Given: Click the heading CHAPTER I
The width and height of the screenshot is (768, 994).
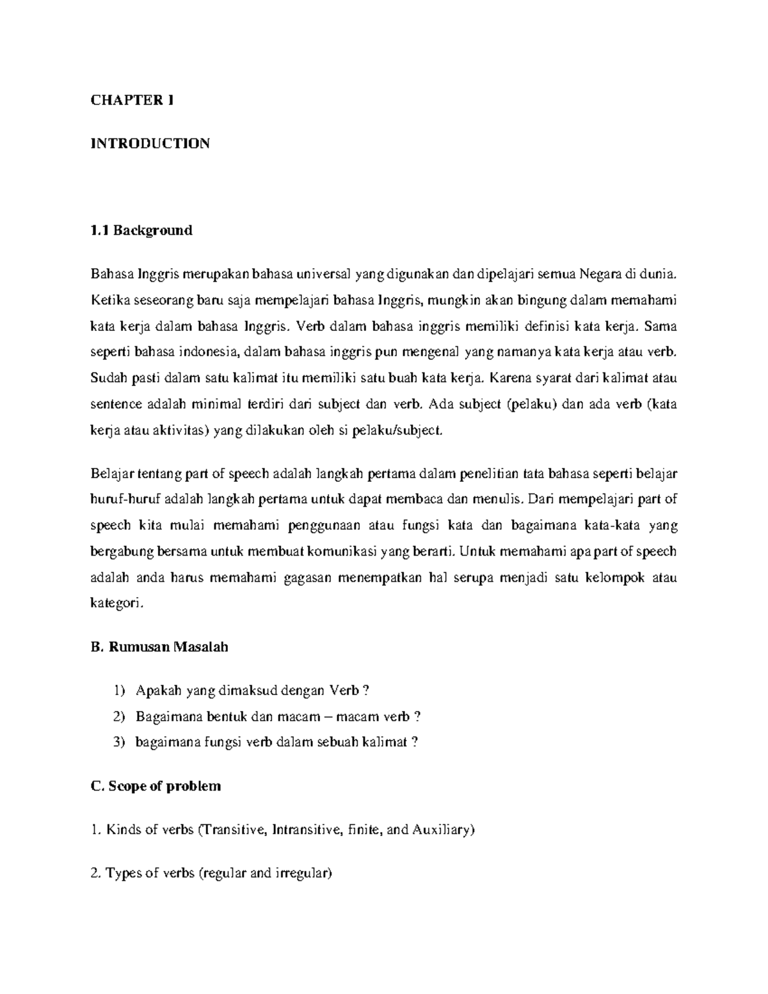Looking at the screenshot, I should [x=132, y=100].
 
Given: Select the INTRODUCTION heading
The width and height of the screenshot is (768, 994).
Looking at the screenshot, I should [x=150, y=143].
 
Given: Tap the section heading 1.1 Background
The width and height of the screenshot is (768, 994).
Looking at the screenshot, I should [x=141, y=230].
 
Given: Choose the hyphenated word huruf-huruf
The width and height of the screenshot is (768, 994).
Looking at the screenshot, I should [x=126, y=499].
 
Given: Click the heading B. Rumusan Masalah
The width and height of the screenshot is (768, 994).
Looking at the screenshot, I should [x=159, y=647].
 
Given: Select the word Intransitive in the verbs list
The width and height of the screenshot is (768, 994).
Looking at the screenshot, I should [x=303, y=830].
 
